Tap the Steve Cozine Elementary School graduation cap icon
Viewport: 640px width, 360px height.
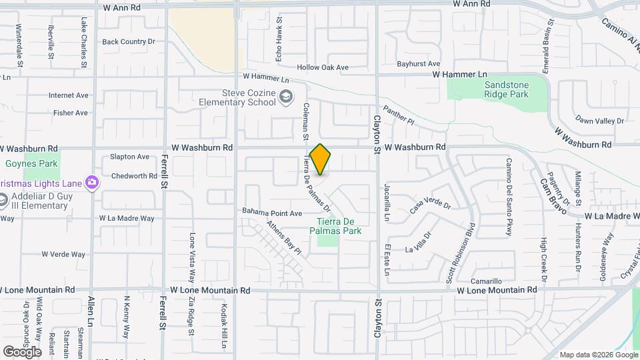pos(286,98)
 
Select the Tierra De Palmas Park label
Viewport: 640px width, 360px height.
pos(339,226)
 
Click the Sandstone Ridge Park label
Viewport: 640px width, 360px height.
pos(506,90)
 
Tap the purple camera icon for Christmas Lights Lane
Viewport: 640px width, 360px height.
pos(92,182)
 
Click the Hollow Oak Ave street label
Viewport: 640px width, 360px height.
pos(323,67)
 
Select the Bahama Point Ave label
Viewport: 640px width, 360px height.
pos(272,213)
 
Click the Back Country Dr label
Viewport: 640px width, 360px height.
pos(128,41)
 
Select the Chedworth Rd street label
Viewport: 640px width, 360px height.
pos(134,176)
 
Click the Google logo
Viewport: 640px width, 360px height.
pos(22,351)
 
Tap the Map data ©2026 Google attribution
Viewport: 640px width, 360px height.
pos(598,355)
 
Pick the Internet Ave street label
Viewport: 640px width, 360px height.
pos(68,95)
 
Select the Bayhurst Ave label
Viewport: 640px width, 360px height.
pos(419,64)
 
